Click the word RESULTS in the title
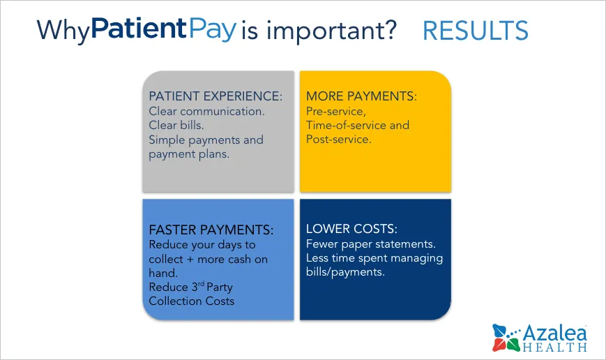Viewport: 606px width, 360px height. click(476, 30)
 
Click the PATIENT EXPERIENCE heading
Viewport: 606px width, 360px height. click(215, 96)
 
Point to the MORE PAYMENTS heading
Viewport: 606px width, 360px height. click(361, 96)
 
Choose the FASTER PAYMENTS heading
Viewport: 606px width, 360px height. click(211, 230)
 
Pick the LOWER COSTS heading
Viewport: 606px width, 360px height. click(351, 229)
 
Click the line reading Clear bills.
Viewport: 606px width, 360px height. click(176, 125)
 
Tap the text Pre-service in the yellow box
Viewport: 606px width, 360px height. click(336, 112)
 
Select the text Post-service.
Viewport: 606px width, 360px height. click(338, 140)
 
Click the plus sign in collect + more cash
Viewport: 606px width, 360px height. click(190, 260)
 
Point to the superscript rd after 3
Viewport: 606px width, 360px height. click(201, 284)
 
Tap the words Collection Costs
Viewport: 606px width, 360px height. click(191, 301)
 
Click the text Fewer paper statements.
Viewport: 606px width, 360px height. click(370, 244)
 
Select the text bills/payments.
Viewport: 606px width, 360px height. click(345, 272)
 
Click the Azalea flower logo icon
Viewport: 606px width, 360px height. click(506, 338)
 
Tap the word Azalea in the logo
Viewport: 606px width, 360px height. click(555, 333)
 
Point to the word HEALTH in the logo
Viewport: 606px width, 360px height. click(555, 347)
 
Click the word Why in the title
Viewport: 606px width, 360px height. click(63, 30)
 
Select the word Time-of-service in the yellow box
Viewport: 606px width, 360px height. click(346, 126)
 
